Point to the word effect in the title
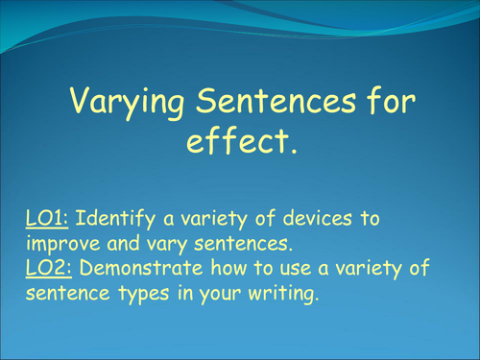[x=236, y=143]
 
